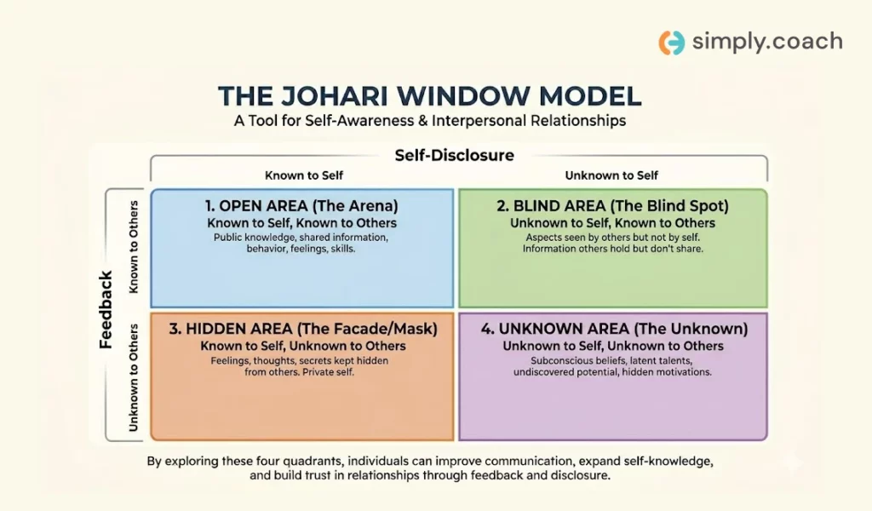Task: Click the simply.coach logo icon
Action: [672, 43]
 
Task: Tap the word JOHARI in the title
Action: [334, 95]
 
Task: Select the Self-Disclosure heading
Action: [455, 155]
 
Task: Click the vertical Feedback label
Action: [106, 310]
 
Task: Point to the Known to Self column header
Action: [304, 175]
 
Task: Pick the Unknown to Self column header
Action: [611, 175]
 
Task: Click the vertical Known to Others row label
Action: [134, 247]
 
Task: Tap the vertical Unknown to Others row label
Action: [134, 377]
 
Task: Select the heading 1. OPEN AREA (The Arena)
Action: [301, 206]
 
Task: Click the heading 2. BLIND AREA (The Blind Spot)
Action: [612, 206]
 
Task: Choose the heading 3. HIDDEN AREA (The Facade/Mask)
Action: [303, 329]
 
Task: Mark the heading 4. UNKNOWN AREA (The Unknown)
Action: [614, 329]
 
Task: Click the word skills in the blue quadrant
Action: [342, 249]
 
